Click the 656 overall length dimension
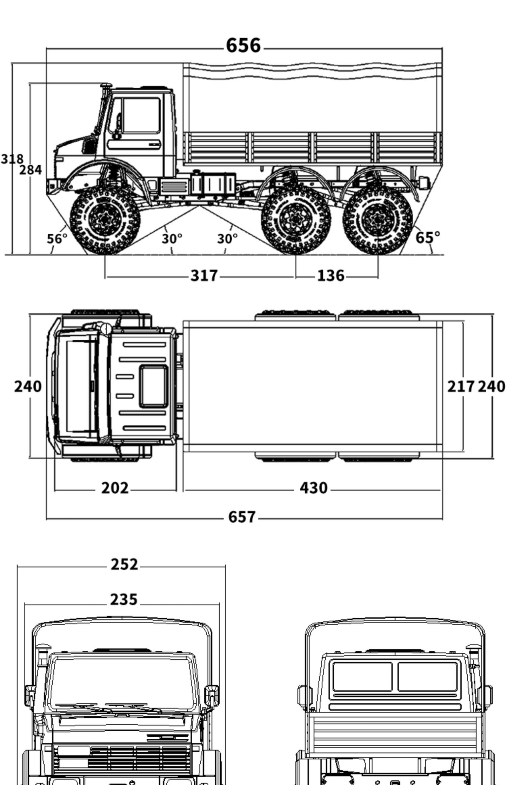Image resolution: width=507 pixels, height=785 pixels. [x=244, y=45]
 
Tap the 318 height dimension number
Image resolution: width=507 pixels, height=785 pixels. [x=12, y=159]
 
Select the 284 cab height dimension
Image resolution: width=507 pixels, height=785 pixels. [x=31, y=170]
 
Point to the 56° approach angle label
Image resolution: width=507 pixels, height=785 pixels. [x=56, y=239]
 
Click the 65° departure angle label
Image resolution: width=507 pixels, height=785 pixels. [x=427, y=238]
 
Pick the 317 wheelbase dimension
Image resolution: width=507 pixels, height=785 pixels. [x=204, y=275]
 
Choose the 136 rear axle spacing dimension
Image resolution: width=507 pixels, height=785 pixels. [x=331, y=275]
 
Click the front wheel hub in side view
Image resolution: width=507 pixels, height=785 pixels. [x=105, y=220]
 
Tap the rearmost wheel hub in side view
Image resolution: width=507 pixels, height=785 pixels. [x=378, y=220]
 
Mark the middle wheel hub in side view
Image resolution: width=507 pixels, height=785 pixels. [x=296, y=220]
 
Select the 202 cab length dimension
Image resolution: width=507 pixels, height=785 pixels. [x=115, y=488]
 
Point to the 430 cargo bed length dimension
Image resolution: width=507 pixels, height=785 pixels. [x=313, y=488]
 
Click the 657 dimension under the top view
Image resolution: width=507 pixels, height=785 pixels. [x=242, y=517]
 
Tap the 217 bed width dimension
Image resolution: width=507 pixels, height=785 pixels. [x=461, y=386]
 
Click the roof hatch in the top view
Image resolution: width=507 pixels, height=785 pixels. [x=153, y=386]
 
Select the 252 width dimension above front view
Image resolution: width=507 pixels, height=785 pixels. [x=124, y=565]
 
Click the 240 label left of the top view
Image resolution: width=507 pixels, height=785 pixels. [x=28, y=386]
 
